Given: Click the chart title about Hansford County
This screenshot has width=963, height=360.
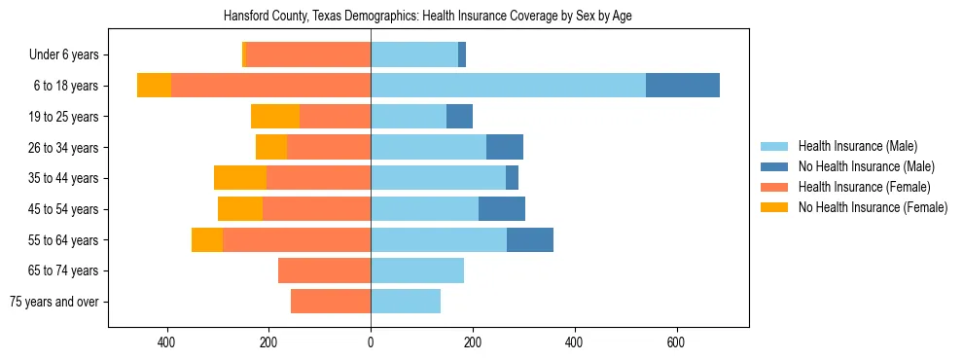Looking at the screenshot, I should [x=428, y=17].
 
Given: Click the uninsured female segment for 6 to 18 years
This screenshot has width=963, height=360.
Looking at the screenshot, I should [x=154, y=86].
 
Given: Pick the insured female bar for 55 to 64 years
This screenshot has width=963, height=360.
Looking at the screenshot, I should [x=297, y=239].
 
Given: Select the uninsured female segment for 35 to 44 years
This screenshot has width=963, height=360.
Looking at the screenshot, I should [x=240, y=178].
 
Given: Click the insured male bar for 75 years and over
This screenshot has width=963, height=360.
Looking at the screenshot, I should [x=406, y=302].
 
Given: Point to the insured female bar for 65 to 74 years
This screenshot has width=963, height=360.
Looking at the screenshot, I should [x=324, y=270].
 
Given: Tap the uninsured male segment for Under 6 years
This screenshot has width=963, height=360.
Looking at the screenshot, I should [x=462, y=54].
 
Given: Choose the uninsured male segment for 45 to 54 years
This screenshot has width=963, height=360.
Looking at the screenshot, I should [x=502, y=209].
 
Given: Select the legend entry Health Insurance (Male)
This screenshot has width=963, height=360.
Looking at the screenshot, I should [x=857, y=146].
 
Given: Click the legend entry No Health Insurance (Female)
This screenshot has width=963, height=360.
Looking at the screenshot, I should [x=873, y=207].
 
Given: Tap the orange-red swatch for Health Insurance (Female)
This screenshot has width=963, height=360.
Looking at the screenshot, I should [x=774, y=187].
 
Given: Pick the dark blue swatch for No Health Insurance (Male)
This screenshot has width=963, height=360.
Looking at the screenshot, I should [x=774, y=166].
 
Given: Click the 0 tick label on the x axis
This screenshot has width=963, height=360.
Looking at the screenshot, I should [x=371, y=343].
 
